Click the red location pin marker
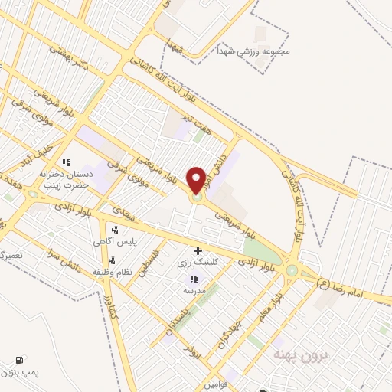pyautogui.click(x=197, y=181)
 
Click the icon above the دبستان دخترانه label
pyautogui.click(x=67, y=162)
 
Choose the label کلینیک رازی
pyautogui.click(x=198, y=263)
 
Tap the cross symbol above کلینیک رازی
pyautogui.click(x=198, y=250)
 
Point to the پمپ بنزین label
pyautogui.click(x=18, y=373)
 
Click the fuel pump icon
pyautogui.click(x=18, y=359)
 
